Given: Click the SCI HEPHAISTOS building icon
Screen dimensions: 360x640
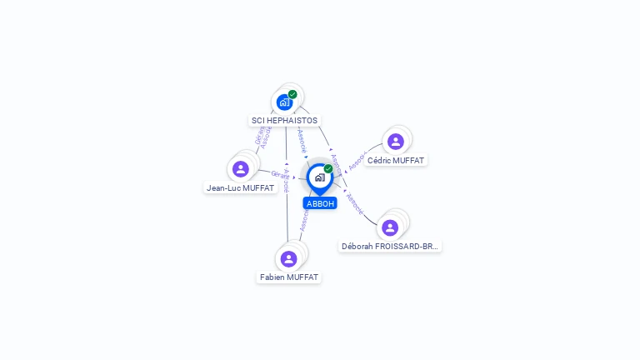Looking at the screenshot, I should click(284, 102).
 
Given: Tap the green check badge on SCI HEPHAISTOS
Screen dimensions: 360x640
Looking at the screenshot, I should click(292, 94).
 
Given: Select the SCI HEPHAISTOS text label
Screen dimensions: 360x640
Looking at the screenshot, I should click(284, 121).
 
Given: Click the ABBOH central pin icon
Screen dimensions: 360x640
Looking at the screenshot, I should click(319, 177).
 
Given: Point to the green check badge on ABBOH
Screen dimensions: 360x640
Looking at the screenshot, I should click(328, 168).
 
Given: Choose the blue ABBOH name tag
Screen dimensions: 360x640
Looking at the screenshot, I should click(320, 203).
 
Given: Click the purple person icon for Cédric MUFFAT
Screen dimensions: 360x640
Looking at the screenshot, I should click(396, 142).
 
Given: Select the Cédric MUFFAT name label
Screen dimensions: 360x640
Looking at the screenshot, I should click(396, 160).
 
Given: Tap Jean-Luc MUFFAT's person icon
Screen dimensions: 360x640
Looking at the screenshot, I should click(241, 169).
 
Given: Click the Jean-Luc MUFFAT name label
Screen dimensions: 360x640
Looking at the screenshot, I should click(240, 188).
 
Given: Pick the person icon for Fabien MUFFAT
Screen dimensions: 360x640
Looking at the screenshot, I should click(289, 258).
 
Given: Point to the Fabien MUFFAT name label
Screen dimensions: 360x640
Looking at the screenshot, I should click(289, 277).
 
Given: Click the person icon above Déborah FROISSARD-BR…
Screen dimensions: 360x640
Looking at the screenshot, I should click(390, 227).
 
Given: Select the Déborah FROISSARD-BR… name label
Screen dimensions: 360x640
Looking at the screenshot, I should click(390, 247).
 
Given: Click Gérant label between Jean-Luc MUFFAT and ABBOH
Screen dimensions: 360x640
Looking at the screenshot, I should click(280, 175).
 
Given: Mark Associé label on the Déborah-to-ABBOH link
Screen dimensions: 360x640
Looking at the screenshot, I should click(354, 203).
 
